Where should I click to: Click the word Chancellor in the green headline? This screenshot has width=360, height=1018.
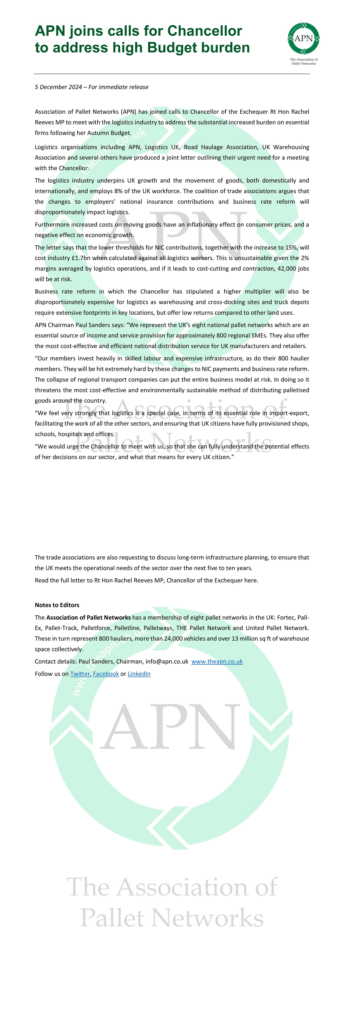pyautogui.click(x=205, y=31)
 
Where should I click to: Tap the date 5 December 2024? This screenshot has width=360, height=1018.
pyautogui.click(x=59, y=87)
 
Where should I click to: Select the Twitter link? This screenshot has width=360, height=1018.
pyautogui.click(x=80, y=674)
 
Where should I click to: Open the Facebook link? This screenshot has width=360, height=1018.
pyautogui.click(x=106, y=674)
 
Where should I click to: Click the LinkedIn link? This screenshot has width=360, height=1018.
pyautogui.click(x=139, y=674)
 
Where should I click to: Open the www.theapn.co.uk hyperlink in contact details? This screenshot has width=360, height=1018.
pyautogui.click(x=217, y=661)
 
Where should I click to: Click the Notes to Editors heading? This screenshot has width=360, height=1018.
pyautogui.click(x=57, y=605)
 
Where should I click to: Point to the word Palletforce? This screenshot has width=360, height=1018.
pyautogui.click(x=96, y=628)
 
